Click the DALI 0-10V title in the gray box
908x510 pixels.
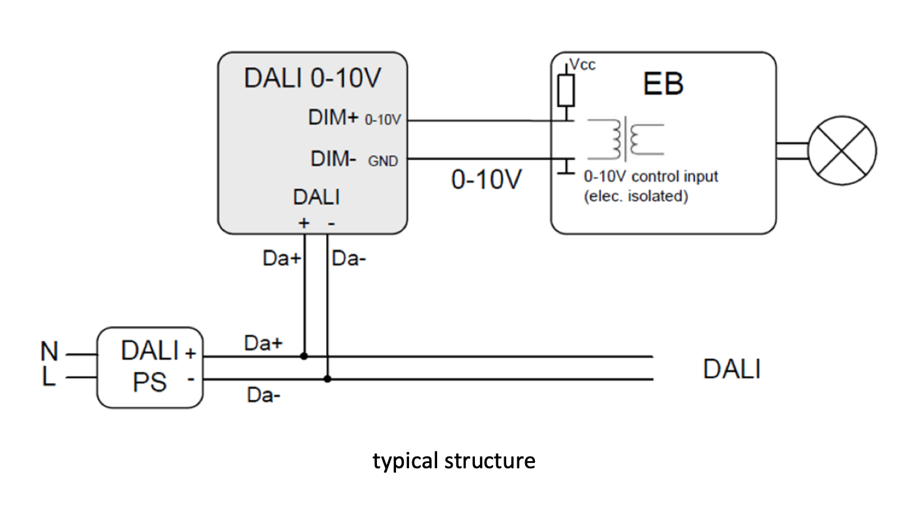[312, 78]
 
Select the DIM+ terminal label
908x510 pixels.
[333, 119]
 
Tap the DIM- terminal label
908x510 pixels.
[333, 158]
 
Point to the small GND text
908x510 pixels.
[383, 161]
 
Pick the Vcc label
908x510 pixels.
[583, 65]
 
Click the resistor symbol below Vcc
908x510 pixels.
[566, 91]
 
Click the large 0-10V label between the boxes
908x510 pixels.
[487, 179]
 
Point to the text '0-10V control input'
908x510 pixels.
[651, 177]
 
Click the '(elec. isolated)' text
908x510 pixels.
[635, 196]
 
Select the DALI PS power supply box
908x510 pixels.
[150, 368]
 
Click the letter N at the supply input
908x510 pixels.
[49, 353]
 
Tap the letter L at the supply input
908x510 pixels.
[49, 378]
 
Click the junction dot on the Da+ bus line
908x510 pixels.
[304, 357]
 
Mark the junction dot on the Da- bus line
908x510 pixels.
[327, 379]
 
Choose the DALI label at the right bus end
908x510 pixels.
[731, 369]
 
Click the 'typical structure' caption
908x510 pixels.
[454, 461]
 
